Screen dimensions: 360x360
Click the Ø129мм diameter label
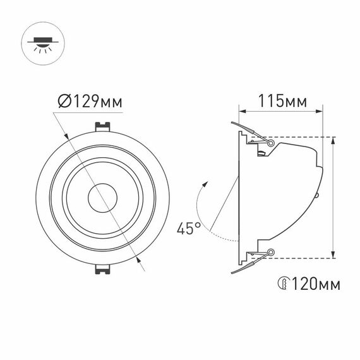[x=89, y=101]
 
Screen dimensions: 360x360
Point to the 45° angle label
[x=188, y=228]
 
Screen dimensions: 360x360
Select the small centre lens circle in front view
[x=99, y=198]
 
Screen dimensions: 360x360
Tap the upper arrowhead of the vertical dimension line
[x=333, y=141]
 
